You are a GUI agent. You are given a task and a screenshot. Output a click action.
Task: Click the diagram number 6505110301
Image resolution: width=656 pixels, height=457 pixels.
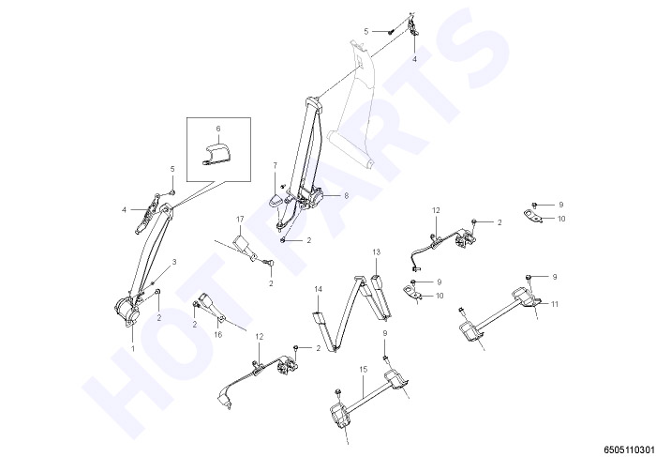[629, 449]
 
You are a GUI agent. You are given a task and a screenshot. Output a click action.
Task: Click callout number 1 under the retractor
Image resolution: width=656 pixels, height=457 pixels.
[133, 348]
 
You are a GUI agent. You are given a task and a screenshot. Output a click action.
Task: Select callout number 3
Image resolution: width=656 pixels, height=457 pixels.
[174, 262]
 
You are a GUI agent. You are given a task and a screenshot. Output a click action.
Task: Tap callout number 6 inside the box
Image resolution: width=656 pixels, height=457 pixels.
[218, 129]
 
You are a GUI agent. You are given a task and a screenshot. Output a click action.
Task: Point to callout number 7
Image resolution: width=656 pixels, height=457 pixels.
[275, 165]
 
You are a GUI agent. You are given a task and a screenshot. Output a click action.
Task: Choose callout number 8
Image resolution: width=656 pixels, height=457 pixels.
[346, 195]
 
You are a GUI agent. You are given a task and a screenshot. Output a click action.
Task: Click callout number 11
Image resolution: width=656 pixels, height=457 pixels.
[555, 304]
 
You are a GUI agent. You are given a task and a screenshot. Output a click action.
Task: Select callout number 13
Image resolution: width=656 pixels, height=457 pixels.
[376, 251]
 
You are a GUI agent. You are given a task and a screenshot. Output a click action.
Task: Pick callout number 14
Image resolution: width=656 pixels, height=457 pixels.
[319, 289]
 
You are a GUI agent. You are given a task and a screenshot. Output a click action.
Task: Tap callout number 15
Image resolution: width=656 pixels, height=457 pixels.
[363, 369]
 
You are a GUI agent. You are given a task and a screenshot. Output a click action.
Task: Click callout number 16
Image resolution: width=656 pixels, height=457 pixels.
[218, 334]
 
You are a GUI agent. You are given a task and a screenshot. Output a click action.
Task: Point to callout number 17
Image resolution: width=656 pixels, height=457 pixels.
[240, 219]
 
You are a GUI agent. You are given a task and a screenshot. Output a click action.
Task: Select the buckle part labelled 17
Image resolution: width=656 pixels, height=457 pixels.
[245, 247]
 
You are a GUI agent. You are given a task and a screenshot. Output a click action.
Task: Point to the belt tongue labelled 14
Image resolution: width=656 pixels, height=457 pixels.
[320, 318]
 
